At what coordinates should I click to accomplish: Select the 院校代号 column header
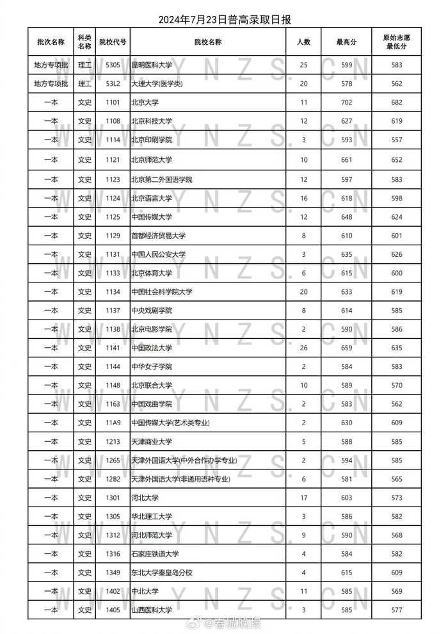click(x=113, y=42)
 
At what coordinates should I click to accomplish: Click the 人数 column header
click(x=304, y=42)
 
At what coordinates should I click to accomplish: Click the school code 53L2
click(x=113, y=84)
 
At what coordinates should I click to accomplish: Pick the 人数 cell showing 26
click(x=304, y=348)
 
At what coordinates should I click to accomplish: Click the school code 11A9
click(x=113, y=423)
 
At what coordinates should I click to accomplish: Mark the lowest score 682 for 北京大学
click(x=397, y=102)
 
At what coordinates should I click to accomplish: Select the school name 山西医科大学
click(x=152, y=610)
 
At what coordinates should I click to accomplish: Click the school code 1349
click(x=113, y=573)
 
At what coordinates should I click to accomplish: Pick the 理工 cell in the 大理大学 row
click(x=84, y=84)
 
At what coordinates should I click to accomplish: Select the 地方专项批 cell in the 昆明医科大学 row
click(x=51, y=65)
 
